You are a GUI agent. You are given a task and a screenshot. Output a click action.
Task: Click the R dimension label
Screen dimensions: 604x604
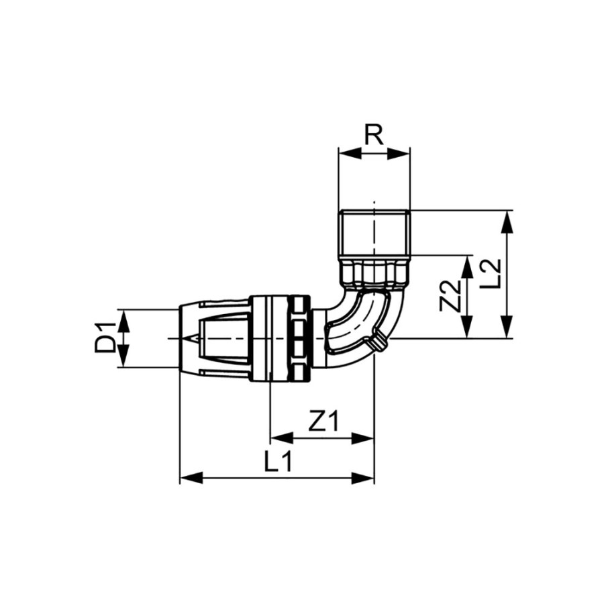pyautogui.click(x=374, y=134)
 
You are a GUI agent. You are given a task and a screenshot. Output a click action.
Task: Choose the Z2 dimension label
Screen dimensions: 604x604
pyautogui.click(x=450, y=296)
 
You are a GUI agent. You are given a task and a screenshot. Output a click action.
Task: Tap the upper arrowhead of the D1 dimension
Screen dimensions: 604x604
pyautogui.click(x=123, y=320)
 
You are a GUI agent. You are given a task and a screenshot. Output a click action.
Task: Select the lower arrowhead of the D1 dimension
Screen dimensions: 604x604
pyautogui.click(x=123, y=356)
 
